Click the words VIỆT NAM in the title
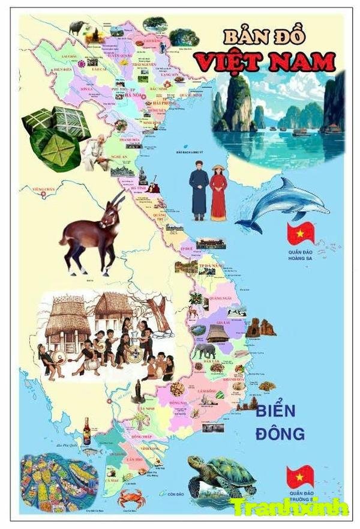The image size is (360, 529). (264, 61)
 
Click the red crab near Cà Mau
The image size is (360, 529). (131, 497)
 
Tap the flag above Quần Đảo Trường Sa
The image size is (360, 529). (300, 476)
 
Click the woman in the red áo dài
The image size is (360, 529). (218, 193)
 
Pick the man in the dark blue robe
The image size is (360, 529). (199, 192)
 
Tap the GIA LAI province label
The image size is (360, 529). (215, 322)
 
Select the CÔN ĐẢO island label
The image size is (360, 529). (175, 494)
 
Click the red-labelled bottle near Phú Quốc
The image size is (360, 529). (87, 431)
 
